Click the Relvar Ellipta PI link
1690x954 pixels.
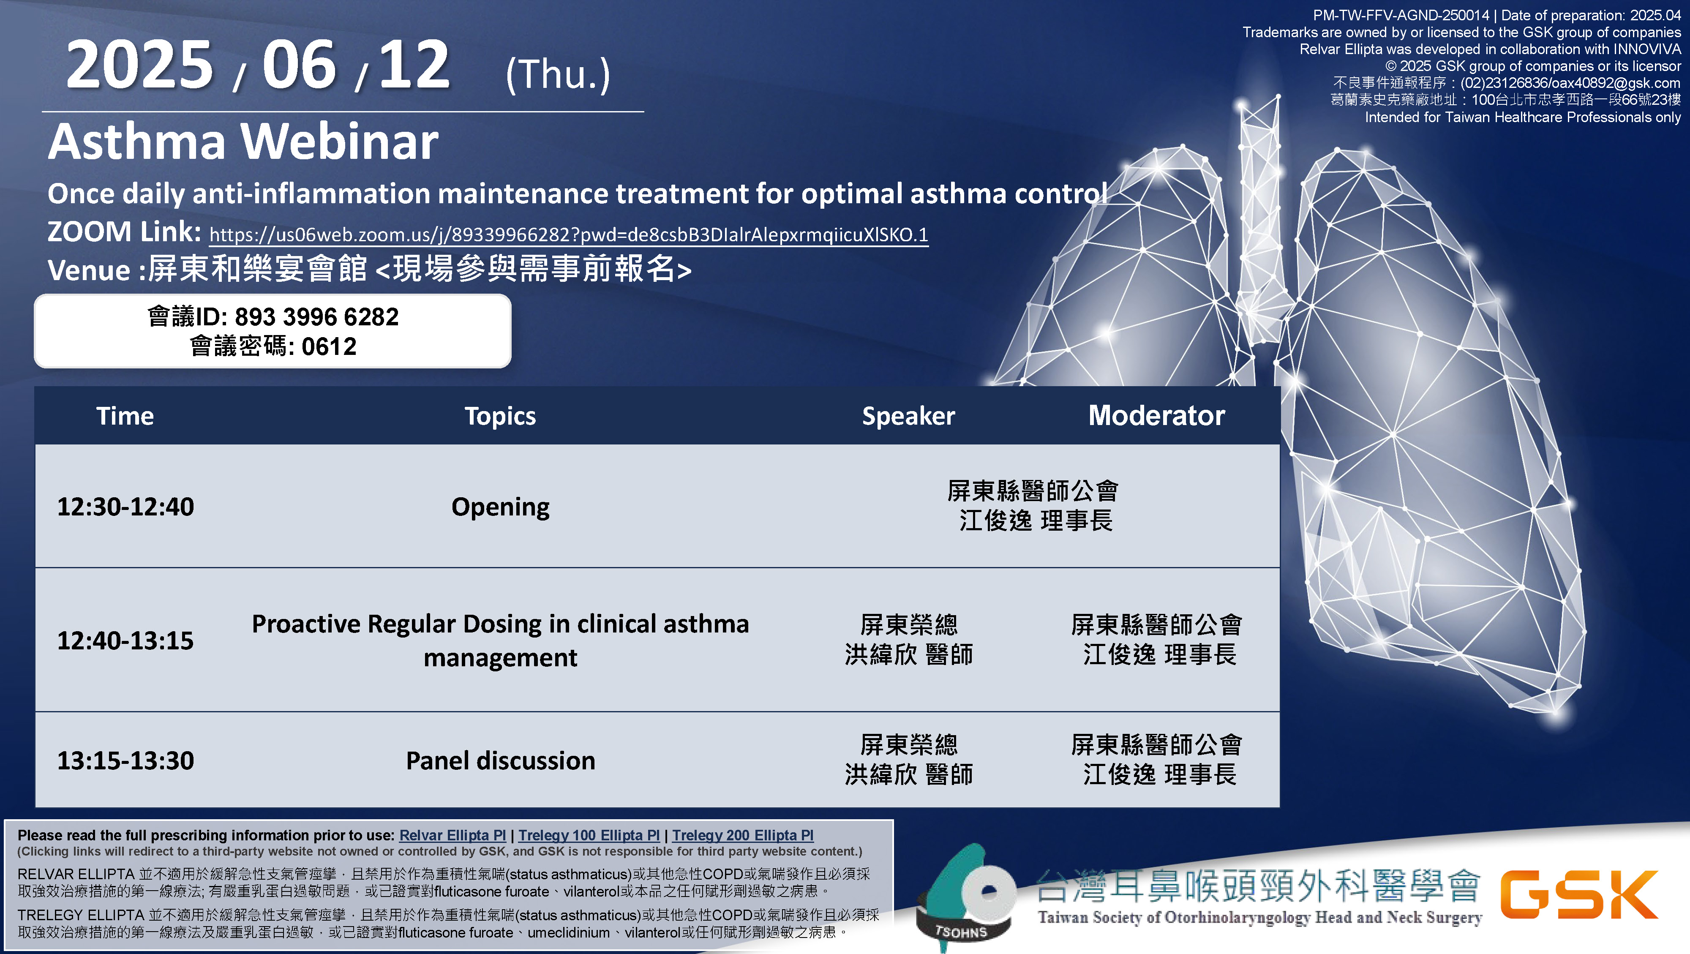click(452, 835)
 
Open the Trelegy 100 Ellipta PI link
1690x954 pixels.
click(589, 835)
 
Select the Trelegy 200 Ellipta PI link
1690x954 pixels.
click(743, 835)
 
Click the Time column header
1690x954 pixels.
click(125, 416)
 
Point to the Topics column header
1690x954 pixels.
click(501, 417)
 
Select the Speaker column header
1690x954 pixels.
click(909, 417)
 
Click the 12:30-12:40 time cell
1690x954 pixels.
click(125, 507)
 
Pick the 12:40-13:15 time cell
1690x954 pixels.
click(125, 641)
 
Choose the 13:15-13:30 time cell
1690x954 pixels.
click(125, 760)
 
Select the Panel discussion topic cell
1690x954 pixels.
click(501, 760)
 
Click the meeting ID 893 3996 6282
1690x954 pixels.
click(316, 317)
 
